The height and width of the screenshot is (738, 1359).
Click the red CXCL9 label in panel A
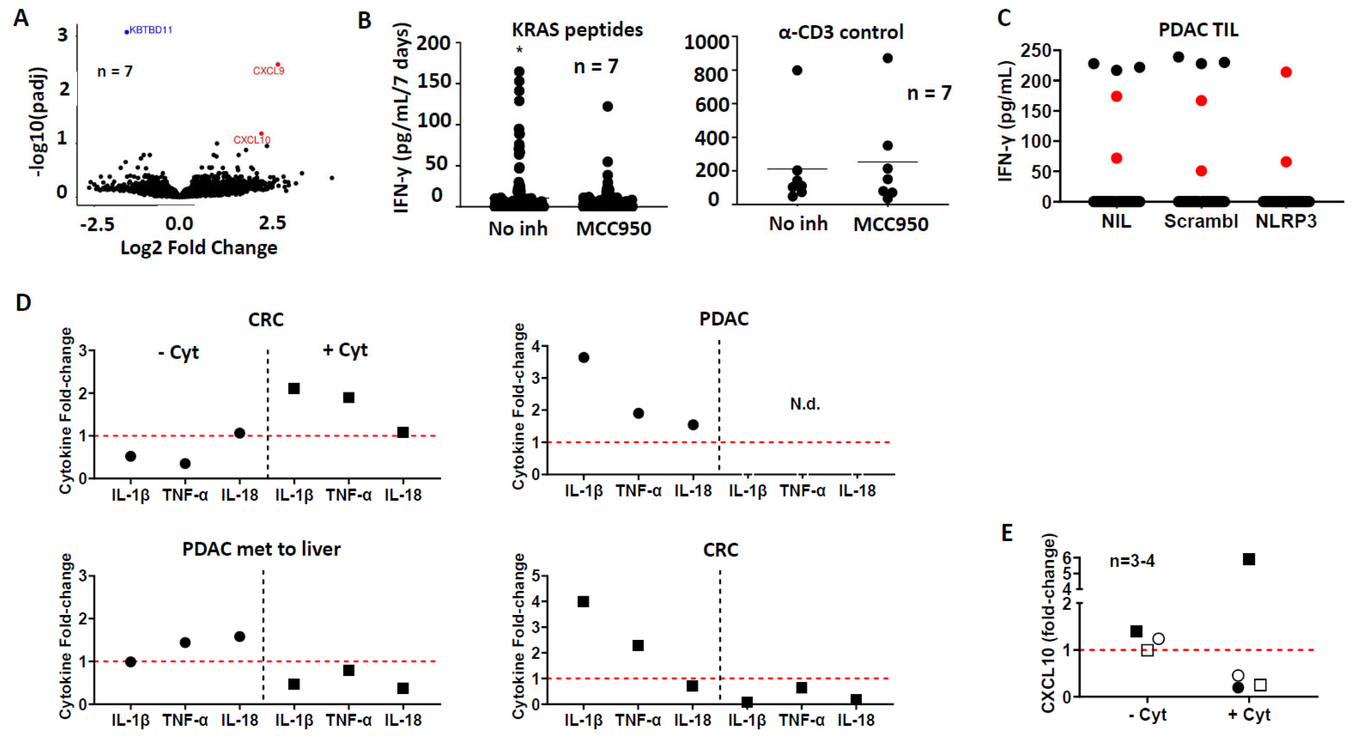268,71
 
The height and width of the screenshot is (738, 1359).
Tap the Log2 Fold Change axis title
199,247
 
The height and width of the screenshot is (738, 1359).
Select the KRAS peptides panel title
577,29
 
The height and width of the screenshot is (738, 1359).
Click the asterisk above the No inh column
520,50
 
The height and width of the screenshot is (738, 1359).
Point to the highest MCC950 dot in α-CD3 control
888,58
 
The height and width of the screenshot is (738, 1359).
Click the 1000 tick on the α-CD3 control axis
707,42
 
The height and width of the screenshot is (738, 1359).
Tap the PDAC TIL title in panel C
1198,29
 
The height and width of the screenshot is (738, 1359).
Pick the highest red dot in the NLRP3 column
1286,72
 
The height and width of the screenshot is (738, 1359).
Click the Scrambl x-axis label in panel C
1201,221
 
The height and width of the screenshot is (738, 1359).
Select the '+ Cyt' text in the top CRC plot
345,350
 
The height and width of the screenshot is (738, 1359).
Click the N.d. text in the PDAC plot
805,404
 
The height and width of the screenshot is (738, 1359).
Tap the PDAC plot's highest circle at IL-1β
584,358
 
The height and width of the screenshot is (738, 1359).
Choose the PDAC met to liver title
261,549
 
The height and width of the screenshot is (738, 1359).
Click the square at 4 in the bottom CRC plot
583,602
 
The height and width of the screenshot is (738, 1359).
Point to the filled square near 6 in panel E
1249,559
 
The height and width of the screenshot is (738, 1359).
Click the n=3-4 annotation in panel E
1132,561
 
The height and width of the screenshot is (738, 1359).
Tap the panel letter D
23,303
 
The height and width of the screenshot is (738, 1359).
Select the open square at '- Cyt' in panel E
1147,650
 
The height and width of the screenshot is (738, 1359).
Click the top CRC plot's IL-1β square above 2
294,389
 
